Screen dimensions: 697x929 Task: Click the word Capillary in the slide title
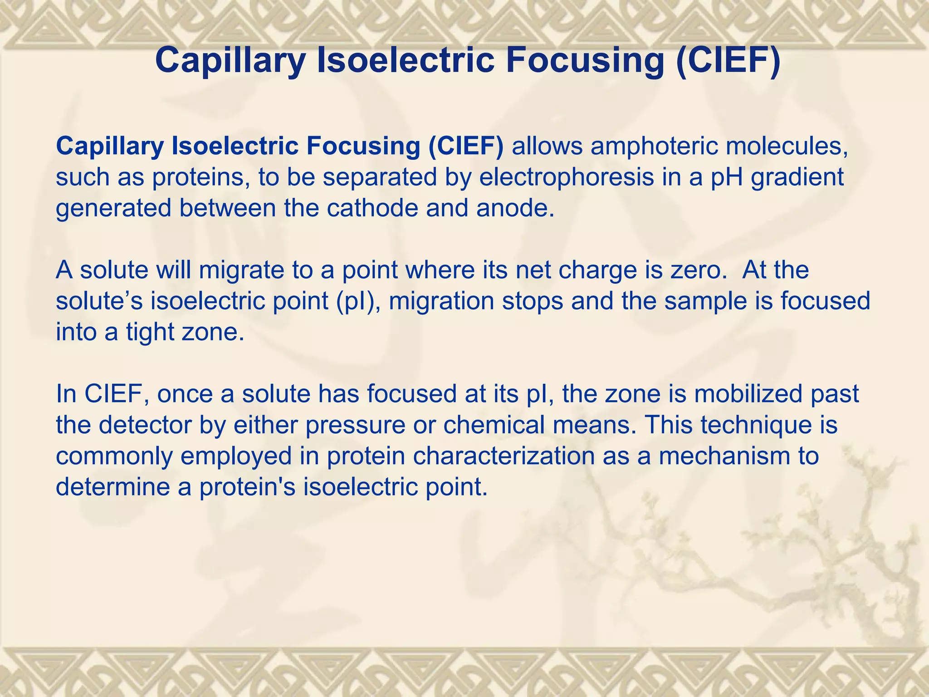(230, 61)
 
